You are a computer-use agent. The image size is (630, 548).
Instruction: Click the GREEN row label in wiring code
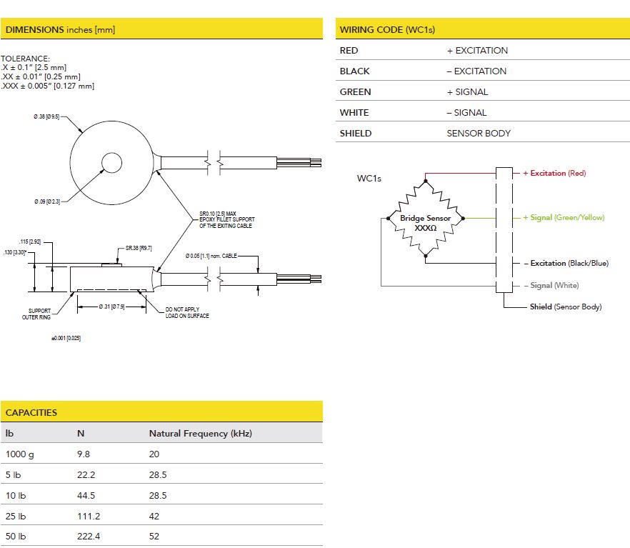click(x=355, y=92)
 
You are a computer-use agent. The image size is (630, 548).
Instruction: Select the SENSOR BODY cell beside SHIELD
click(x=479, y=134)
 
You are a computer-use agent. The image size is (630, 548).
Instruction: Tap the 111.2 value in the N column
click(x=89, y=517)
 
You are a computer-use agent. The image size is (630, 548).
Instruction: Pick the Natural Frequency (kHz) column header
click(x=201, y=434)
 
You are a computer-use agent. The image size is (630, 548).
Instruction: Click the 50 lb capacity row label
click(x=16, y=537)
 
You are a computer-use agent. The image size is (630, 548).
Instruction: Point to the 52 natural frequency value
click(x=154, y=537)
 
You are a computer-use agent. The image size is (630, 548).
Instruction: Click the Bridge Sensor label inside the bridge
click(x=426, y=218)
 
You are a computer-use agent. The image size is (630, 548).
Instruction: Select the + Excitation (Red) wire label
click(x=554, y=173)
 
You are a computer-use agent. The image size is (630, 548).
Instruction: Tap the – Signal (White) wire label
click(x=551, y=285)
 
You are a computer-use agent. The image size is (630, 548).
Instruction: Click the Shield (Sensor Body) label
click(x=566, y=307)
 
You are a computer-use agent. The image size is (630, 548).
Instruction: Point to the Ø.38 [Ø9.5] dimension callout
click(x=46, y=116)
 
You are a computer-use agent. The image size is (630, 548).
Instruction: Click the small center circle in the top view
click(x=111, y=163)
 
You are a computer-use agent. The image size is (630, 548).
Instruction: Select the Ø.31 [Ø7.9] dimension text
click(x=111, y=307)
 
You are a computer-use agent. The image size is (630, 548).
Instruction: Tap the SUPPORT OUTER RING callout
click(x=36, y=314)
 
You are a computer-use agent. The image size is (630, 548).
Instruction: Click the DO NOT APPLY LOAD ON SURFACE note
click(x=187, y=312)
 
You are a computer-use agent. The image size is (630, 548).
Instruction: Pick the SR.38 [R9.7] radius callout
click(x=139, y=249)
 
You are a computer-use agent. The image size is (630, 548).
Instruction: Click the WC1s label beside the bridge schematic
click(x=369, y=179)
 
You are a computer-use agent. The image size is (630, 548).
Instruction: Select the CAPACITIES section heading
click(x=31, y=412)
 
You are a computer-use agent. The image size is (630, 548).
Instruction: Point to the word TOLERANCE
click(x=25, y=59)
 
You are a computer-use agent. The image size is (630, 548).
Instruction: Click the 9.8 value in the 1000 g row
click(x=84, y=454)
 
